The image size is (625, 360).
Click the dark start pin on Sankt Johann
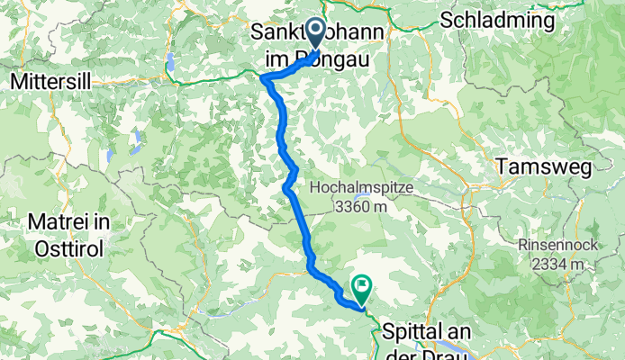316,32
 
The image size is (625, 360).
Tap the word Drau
445,351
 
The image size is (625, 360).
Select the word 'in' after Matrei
104,222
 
